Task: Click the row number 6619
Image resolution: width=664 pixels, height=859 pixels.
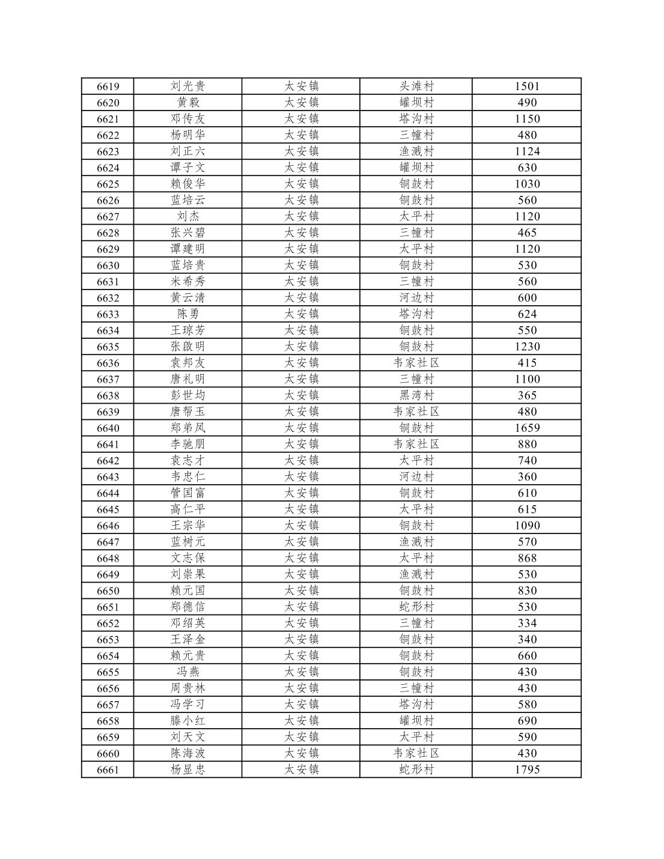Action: point(108,87)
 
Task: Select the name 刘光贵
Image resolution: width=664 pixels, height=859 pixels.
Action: point(188,87)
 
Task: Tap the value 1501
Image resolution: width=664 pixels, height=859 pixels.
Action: point(527,87)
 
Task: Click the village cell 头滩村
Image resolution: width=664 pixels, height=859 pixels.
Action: point(416,87)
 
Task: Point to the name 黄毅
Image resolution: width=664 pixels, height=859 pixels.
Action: point(188,103)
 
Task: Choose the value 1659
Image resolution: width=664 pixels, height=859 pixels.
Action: point(527,428)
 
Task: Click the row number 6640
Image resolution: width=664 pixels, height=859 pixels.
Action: point(108,428)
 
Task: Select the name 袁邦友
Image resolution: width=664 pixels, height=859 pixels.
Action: point(188,363)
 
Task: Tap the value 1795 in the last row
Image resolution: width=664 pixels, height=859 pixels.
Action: point(527,769)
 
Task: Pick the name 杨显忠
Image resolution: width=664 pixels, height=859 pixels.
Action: point(188,769)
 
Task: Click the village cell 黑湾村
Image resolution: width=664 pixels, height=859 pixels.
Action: point(416,395)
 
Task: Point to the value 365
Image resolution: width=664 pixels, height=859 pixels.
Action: point(527,395)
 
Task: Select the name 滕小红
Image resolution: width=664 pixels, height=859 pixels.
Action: point(188,721)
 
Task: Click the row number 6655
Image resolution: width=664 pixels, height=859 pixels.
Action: point(108,672)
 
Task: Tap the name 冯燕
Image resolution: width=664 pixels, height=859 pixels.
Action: point(188,672)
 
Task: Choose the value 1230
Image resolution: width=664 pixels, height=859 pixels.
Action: point(527,347)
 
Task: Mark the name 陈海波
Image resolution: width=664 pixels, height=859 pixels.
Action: point(188,753)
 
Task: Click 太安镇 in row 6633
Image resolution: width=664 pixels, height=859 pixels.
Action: point(301,314)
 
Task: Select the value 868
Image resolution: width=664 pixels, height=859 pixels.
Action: point(527,558)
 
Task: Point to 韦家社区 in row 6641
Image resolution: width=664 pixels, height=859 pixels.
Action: point(416,445)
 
